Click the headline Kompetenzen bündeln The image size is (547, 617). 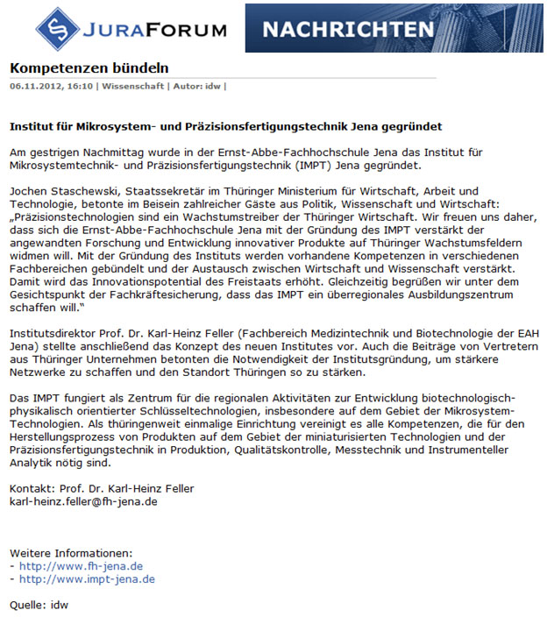[89, 68]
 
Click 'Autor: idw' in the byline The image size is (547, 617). [201, 86]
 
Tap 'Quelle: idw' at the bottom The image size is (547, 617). [39, 605]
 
